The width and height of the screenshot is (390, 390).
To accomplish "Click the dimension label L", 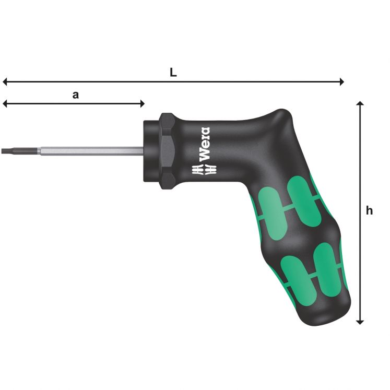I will tap(173, 73).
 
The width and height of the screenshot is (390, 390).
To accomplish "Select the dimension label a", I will tap(75, 95).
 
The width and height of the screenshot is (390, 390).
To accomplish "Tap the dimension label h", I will tap(370, 211).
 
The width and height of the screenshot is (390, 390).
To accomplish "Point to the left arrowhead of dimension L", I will tap(5, 81).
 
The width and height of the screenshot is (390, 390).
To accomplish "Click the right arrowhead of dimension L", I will tap(341, 81).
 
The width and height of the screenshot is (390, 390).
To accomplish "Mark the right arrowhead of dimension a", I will tap(141, 104).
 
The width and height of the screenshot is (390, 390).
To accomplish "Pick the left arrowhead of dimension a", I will tap(5, 104).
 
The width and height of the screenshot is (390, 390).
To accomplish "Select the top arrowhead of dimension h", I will tap(360, 104).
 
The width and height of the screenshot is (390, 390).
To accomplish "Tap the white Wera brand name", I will tap(205, 144).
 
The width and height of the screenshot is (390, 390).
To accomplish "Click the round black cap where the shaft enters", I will tap(151, 151).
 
